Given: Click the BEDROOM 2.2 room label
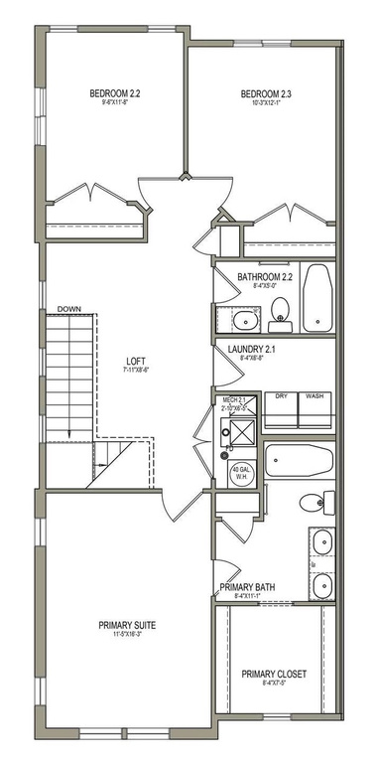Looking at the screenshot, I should point(115,94).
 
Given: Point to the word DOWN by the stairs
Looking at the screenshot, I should point(68,309).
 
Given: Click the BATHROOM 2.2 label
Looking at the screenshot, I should point(266,277).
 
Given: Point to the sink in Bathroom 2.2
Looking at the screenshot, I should point(243,320).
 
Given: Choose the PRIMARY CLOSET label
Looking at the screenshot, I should point(274,673).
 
